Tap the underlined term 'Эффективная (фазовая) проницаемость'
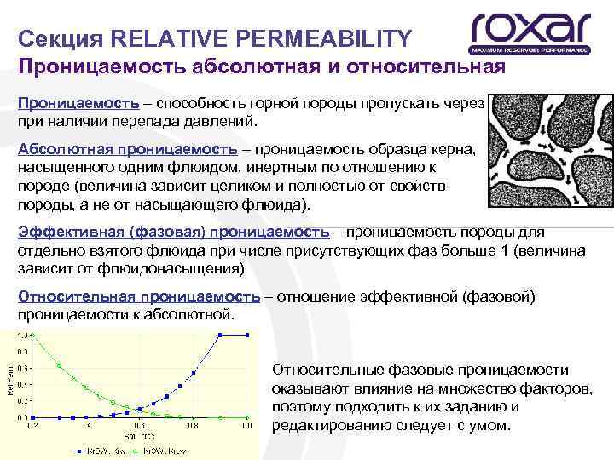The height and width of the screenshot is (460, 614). [173, 232]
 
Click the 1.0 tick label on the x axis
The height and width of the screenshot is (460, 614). [247, 424]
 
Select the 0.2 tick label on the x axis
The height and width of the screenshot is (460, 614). [33, 424]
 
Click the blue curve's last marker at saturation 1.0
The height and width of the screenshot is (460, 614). [247, 335]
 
